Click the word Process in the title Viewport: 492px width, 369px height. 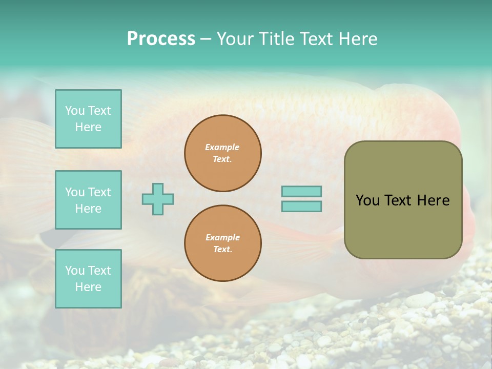click(x=161, y=39)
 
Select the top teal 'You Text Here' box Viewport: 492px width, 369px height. click(x=88, y=119)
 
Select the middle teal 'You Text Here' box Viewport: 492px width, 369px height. click(x=88, y=200)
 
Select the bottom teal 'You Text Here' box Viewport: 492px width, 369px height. click(x=88, y=278)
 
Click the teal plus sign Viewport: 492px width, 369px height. click(x=158, y=199)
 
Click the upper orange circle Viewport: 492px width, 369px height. click(x=223, y=153)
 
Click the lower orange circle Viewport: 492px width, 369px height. click(x=223, y=243)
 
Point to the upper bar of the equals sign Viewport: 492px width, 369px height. click(x=301, y=191)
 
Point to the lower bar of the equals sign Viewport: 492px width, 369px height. click(x=301, y=206)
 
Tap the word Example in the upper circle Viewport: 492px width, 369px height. click(x=222, y=147)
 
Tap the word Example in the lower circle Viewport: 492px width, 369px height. click(x=222, y=237)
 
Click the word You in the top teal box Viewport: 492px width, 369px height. click(x=75, y=111)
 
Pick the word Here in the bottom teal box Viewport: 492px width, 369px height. click(x=88, y=287)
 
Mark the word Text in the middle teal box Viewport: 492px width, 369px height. click(x=99, y=192)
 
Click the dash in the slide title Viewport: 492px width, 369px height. click(x=206, y=39)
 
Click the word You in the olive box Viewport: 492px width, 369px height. click(x=367, y=200)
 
